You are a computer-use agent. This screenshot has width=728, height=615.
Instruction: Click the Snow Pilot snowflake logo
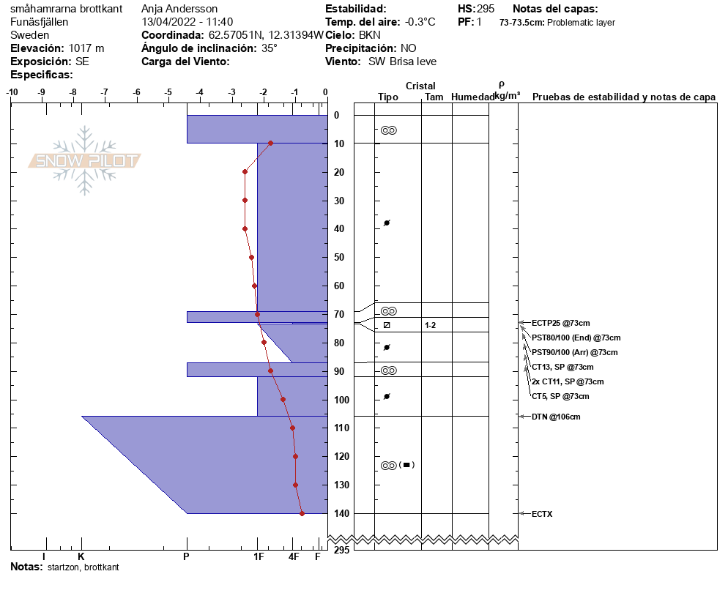pos(84,160)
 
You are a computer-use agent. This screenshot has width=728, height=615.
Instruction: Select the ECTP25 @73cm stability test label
pos(560,323)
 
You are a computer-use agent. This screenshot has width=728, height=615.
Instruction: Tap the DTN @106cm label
pos(556,417)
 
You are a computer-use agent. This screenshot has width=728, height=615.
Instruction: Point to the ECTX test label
pos(542,514)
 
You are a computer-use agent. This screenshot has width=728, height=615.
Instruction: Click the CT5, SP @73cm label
pos(560,396)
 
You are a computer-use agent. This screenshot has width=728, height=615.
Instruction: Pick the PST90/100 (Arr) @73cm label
pos(574,352)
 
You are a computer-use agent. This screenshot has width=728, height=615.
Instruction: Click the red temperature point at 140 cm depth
pos(302,513)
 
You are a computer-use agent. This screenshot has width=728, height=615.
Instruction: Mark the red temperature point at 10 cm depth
pos(271,143)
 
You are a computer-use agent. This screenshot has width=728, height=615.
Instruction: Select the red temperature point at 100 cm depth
pos(283,400)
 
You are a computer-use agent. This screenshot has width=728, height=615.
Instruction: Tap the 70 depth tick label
pos(339,314)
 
